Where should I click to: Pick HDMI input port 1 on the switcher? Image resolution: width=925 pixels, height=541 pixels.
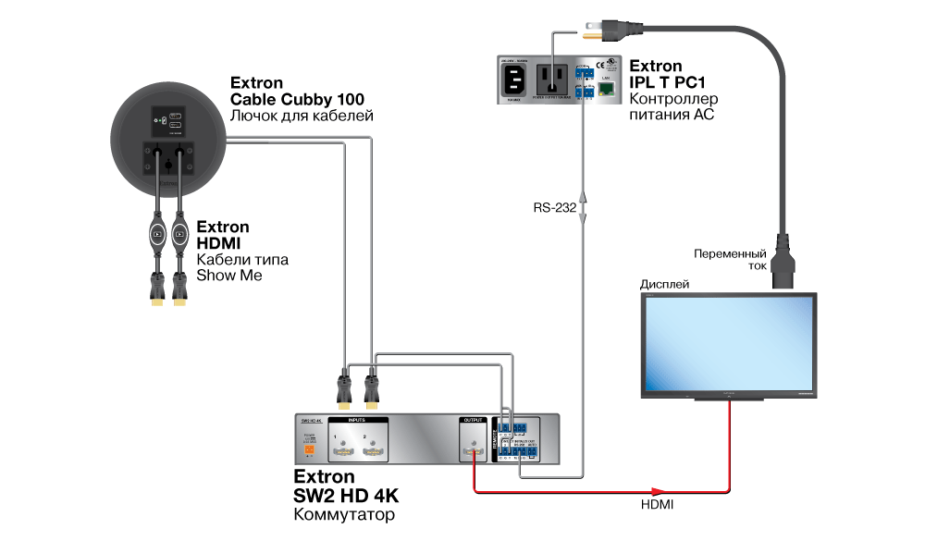342,451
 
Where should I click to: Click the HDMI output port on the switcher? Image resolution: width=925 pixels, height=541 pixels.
473,451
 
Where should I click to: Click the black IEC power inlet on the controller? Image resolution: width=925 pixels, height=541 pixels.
515,84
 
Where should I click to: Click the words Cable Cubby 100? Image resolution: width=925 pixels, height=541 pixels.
297,99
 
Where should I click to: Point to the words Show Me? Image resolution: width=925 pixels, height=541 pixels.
228,276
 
